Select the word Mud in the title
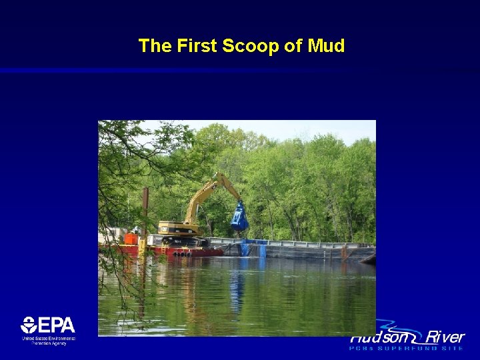point(327,46)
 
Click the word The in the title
point(154,46)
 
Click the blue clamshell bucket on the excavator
point(239,218)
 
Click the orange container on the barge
point(131,238)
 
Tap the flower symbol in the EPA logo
point(29,325)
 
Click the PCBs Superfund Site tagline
point(407,348)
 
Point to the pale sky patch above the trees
point(320,129)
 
